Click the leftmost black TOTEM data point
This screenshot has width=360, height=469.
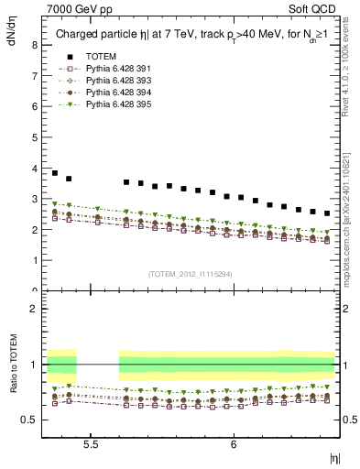pyautogui.click(x=55, y=173)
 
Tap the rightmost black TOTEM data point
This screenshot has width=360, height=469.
pyautogui.click(x=327, y=213)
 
